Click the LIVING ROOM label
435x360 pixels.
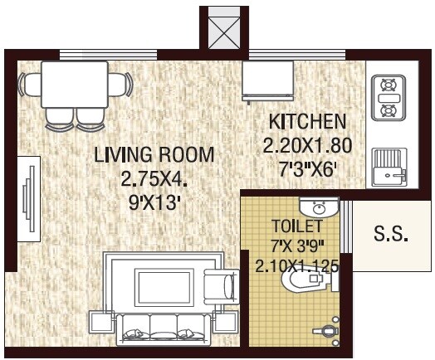click(x=154, y=154)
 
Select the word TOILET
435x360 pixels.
click(x=292, y=226)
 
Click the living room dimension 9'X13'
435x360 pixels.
click(x=154, y=202)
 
